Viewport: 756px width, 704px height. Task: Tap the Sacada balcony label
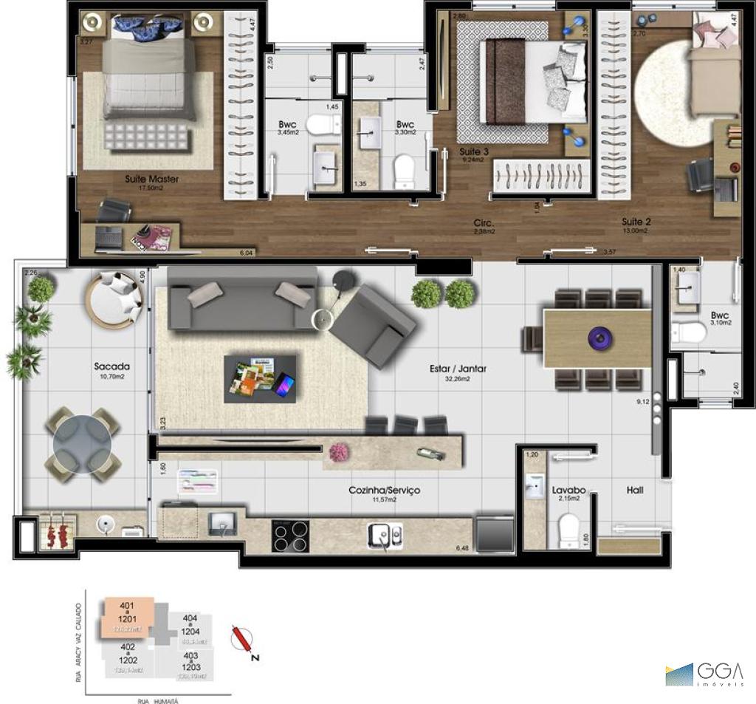coord(112,366)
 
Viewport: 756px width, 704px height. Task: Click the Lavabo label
coord(568,489)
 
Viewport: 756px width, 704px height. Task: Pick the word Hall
coord(635,489)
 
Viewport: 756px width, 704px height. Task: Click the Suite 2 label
coord(636,221)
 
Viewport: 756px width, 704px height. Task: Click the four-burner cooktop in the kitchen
coord(291,536)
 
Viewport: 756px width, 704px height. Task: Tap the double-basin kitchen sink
coord(387,535)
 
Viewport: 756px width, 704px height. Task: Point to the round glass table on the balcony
coord(82,444)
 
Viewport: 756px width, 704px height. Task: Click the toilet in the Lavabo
coord(568,530)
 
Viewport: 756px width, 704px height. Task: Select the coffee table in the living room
coord(261,379)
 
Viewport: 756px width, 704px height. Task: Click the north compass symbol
coord(241,639)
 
